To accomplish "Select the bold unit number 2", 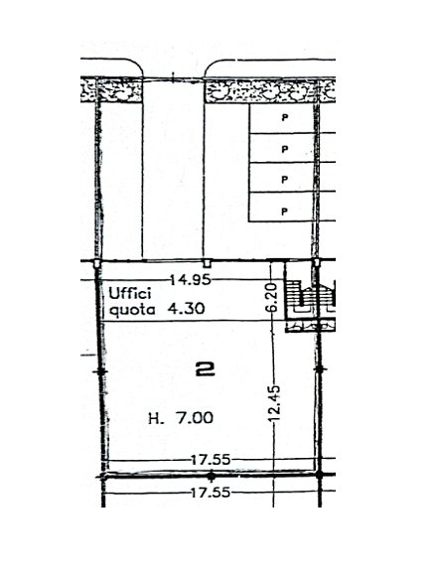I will pos(207,370).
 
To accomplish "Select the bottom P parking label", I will pos(285,210).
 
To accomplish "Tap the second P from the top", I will pos(285,149).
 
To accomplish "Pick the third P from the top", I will pos(285,179).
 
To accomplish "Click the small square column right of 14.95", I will pos(206,264).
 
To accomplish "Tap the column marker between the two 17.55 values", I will pos(210,476).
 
